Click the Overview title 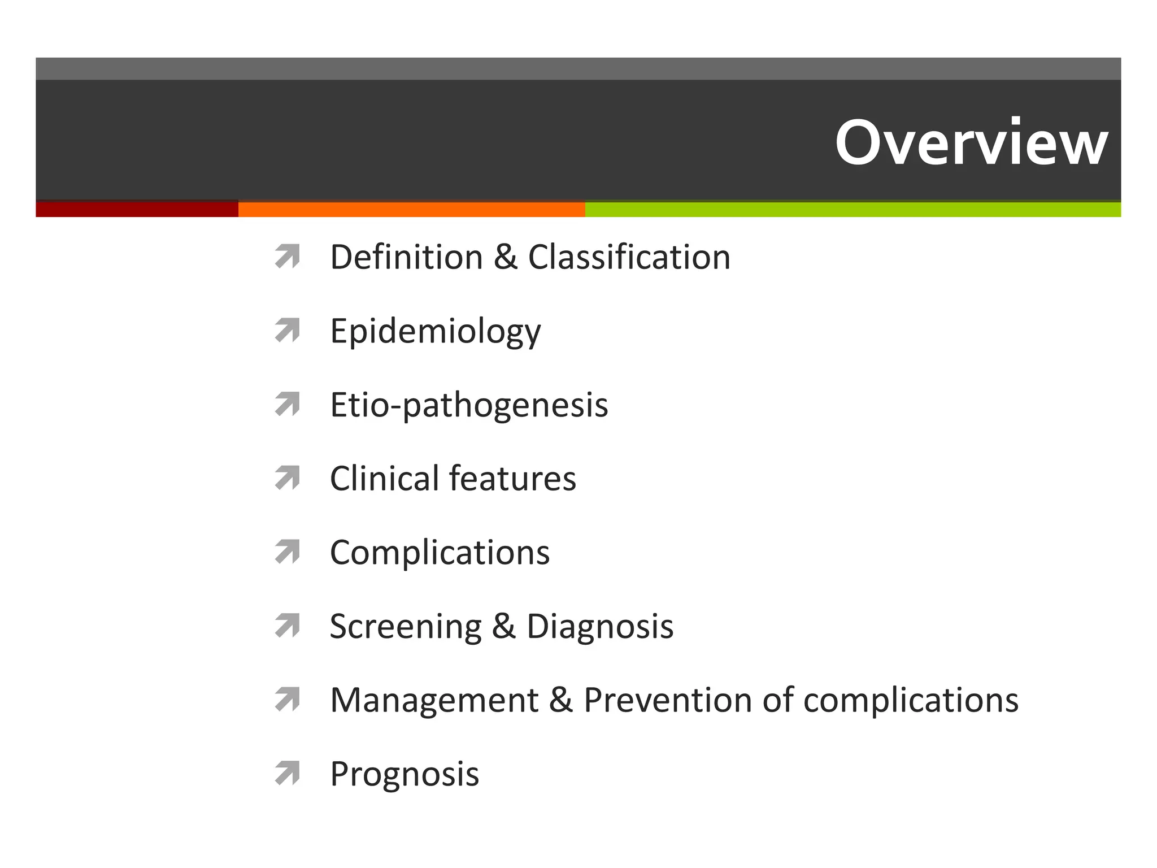(971, 142)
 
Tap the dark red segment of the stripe (137, 209)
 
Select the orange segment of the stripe (411, 209)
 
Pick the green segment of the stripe (852, 209)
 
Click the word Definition (406, 257)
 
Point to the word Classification (629, 257)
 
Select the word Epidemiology (435, 332)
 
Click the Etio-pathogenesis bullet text (469, 405)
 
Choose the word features (512, 479)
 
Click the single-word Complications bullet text (440, 553)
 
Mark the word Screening (405, 627)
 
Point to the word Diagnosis (600, 627)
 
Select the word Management (434, 700)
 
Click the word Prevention (667, 700)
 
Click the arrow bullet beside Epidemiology (287, 331)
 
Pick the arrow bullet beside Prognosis (287, 774)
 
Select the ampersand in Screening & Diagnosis (503, 627)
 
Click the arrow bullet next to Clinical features (287, 478)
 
